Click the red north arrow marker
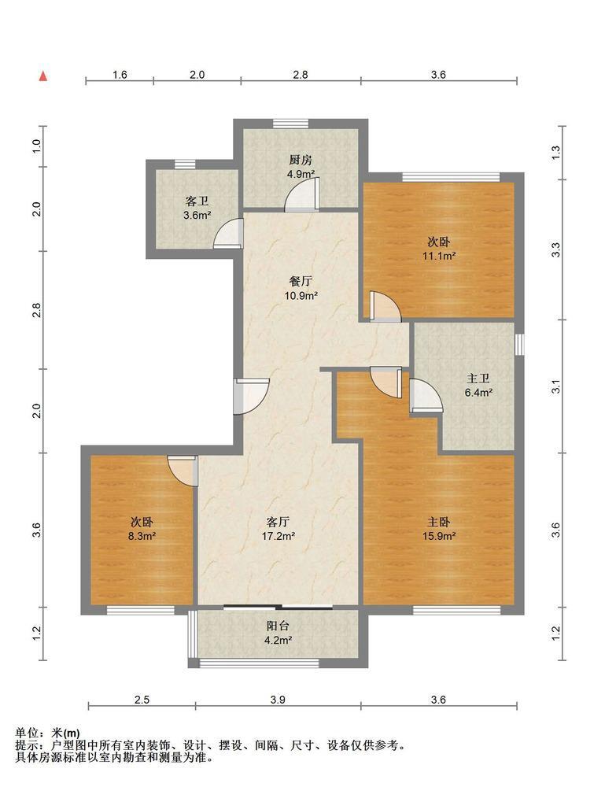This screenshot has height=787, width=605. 44,76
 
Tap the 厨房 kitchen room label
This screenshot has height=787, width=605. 301,160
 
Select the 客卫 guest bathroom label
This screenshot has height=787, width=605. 197,201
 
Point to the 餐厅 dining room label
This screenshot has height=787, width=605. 301,282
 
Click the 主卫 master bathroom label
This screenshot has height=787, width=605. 478,379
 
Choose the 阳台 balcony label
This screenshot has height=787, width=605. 278,626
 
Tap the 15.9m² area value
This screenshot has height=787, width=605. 439,536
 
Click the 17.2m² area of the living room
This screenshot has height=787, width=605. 278,536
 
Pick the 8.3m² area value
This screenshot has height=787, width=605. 142,536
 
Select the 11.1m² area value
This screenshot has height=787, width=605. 439,256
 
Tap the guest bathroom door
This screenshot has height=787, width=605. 228,234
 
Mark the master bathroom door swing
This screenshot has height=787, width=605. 426,396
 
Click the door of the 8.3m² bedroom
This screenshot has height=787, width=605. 182,471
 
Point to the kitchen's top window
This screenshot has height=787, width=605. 290,124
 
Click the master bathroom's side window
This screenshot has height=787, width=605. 520,345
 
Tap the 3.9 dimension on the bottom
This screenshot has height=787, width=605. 278,700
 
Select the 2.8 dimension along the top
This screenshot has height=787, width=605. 301,75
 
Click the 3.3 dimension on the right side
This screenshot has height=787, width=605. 556,249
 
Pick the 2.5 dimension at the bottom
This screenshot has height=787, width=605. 142,700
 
